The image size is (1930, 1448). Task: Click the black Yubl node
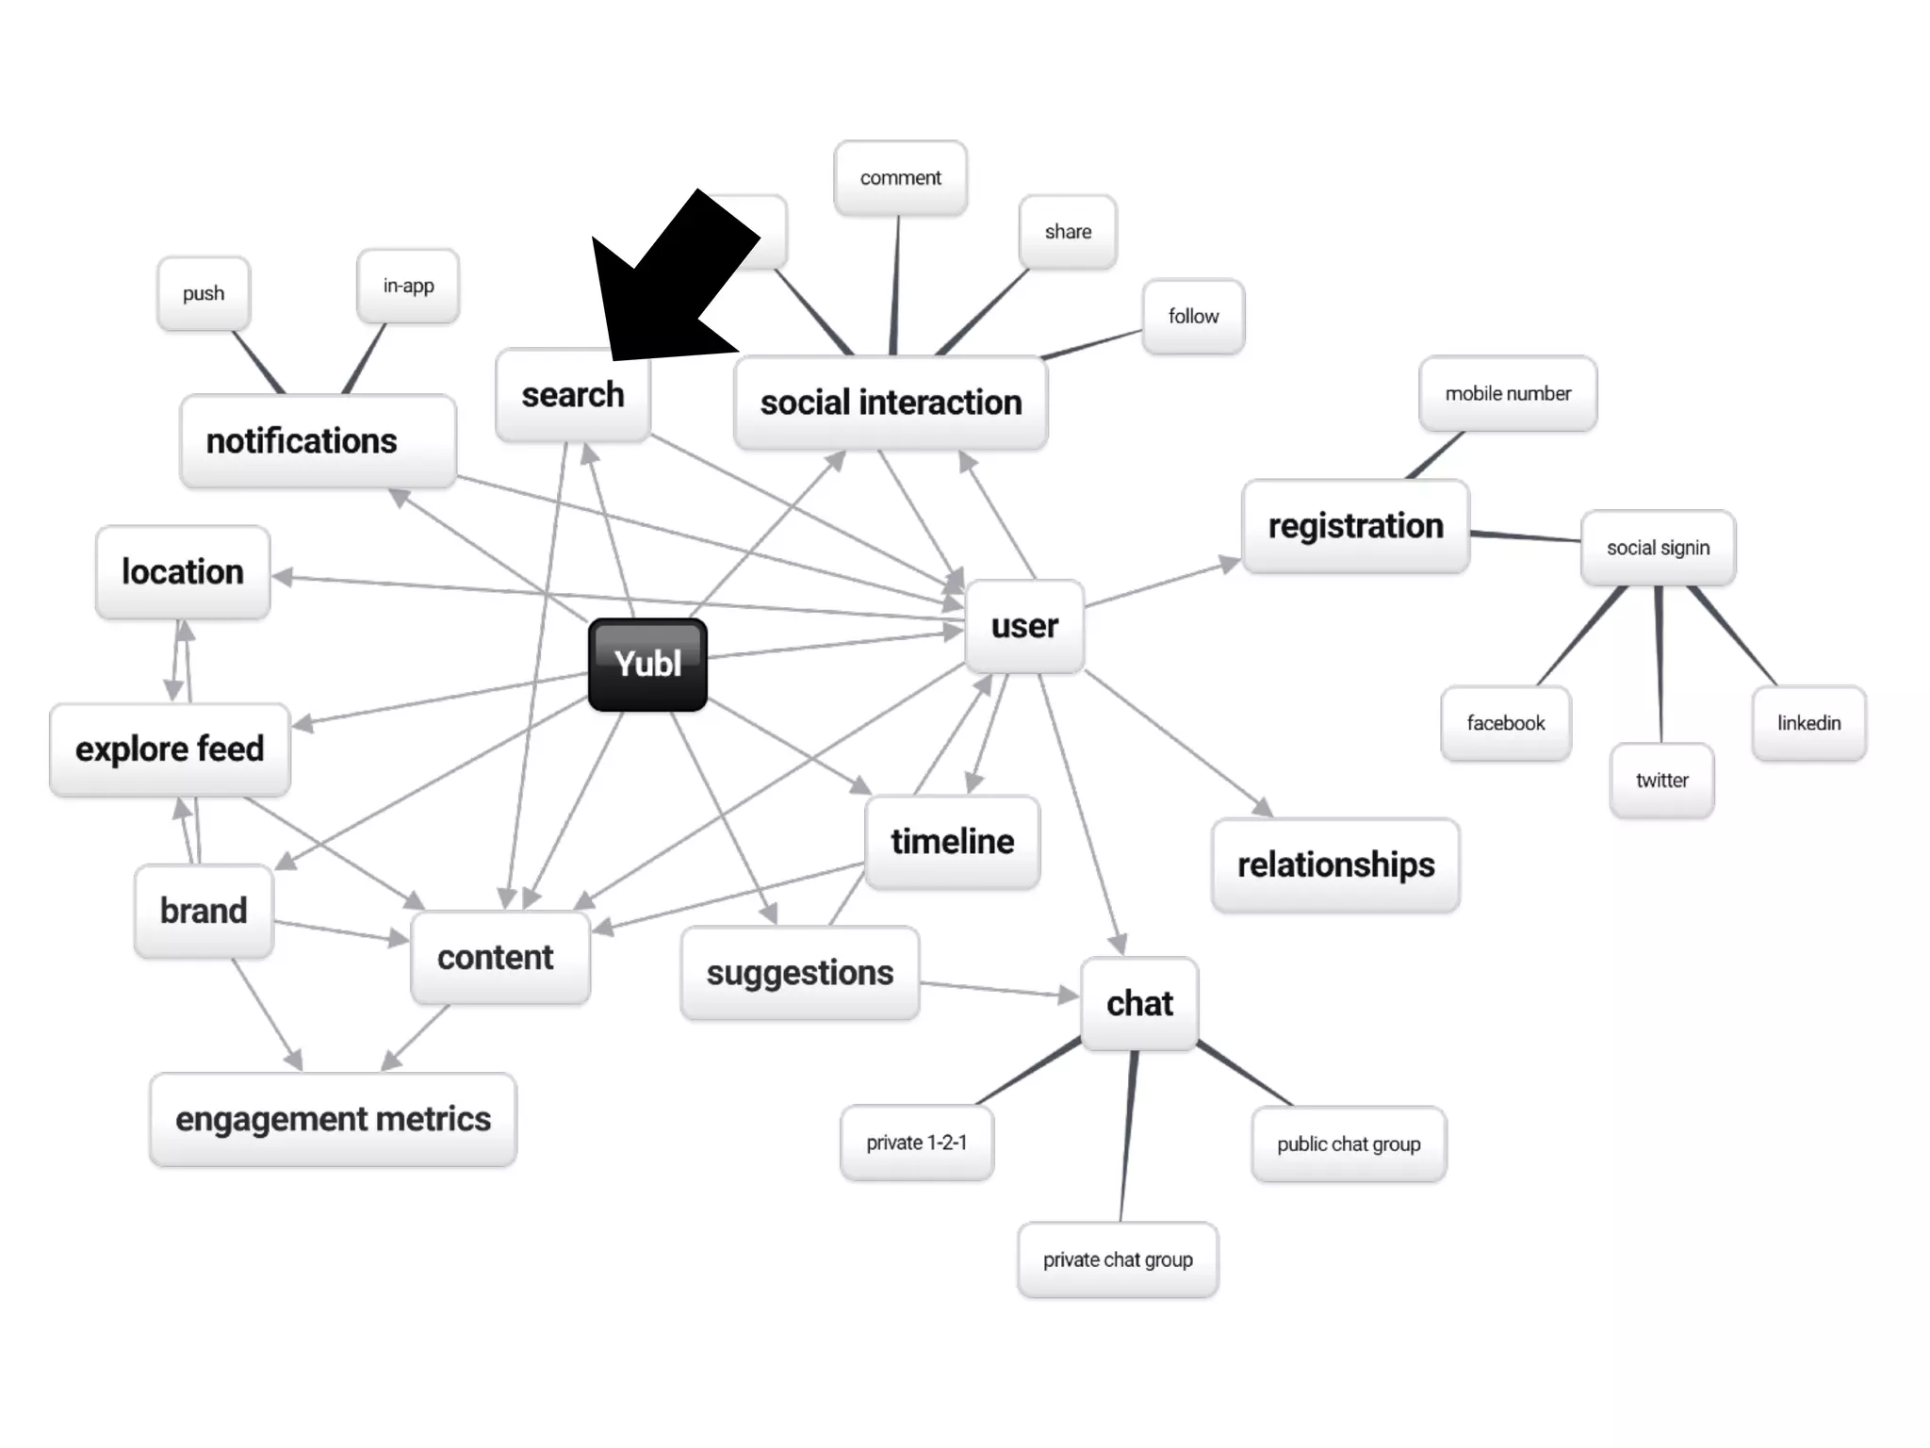pos(647,664)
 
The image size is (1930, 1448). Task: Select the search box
pos(573,395)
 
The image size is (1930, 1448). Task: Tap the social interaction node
pos(891,403)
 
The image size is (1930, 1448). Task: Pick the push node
pos(204,293)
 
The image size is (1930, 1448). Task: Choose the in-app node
pos(408,286)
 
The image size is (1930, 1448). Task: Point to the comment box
pos(900,178)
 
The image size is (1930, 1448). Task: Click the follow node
pos(1193,317)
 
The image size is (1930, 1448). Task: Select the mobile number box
pos(1508,394)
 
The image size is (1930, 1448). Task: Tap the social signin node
pos(1658,548)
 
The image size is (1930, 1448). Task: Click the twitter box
pos(1661,781)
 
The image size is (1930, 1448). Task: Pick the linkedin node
pos(1808,723)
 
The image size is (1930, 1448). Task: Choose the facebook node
pos(1505,723)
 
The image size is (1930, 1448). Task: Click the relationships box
pos(1335,864)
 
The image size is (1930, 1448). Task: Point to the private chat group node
pos(1118,1259)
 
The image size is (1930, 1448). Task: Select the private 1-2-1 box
pos(916,1143)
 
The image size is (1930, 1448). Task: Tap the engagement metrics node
pos(333,1119)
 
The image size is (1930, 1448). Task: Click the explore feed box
pos(170,749)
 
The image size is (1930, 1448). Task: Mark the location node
pos(183,572)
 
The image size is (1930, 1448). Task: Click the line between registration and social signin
pos(1525,536)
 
